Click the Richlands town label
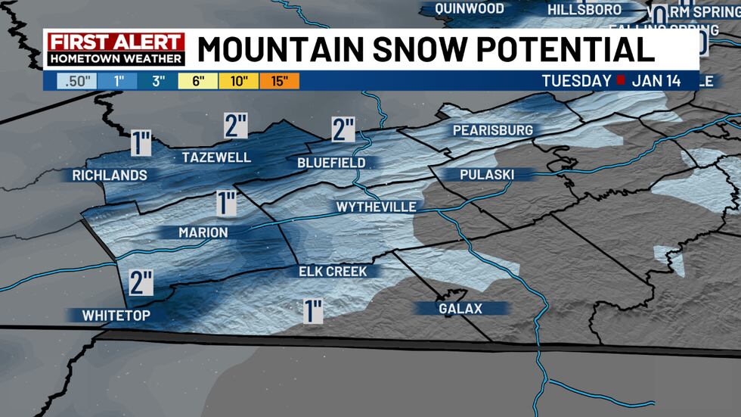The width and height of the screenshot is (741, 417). (x=110, y=176)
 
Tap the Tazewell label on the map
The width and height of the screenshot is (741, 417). (x=216, y=157)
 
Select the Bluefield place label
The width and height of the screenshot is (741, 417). (x=331, y=163)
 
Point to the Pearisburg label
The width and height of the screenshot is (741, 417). (x=492, y=130)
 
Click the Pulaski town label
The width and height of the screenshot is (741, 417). (x=486, y=175)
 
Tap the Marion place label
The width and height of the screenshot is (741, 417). (x=203, y=232)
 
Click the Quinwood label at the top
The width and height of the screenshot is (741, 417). (x=469, y=9)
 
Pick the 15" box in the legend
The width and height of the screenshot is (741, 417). (x=280, y=81)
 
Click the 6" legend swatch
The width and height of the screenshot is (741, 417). (x=198, y=81)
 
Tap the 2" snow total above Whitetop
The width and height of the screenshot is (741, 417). (x=141, y=282)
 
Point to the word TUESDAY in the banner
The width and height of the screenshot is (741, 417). (x=576, y=81)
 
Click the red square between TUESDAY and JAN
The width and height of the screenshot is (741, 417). (x=620, y=81)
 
